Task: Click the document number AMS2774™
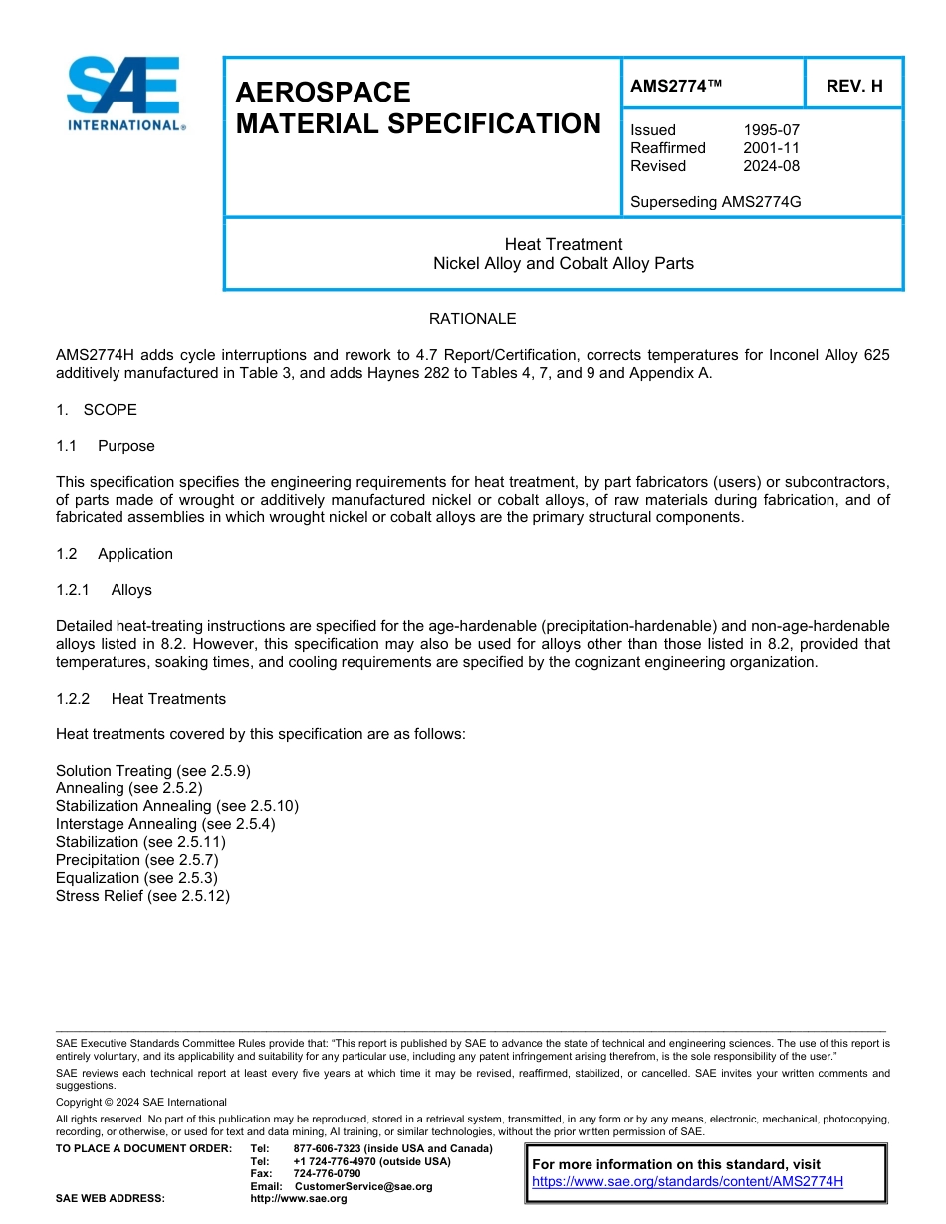676,87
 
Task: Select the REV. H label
854,87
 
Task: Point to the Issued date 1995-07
771,130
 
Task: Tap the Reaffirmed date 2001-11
771,148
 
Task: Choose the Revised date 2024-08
771,166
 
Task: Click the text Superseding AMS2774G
716,202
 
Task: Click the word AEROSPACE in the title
323,93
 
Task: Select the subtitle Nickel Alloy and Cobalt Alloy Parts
563,264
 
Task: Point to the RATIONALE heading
472,319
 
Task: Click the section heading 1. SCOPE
97,410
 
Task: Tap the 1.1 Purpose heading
106,446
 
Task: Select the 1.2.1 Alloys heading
105,590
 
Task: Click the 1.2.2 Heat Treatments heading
141,699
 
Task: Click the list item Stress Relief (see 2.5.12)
142,896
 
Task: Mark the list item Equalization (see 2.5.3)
136,878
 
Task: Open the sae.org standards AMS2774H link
687,1182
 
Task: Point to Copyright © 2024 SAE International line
141,1102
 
